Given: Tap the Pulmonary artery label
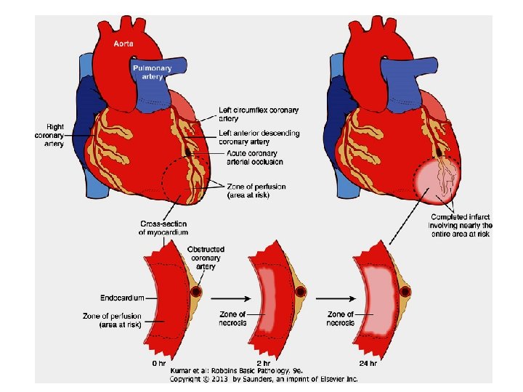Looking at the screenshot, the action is (x=152, y=71).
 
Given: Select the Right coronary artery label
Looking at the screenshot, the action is (x=49, y=135).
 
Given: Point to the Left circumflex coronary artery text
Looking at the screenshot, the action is (x=258, y=114).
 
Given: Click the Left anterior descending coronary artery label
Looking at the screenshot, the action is (x=259, y=137).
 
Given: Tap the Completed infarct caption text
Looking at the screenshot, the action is (x=461, y=225).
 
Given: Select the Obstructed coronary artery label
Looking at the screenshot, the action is (x=206, y=258).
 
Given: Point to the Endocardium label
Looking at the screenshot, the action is (x=121, y=298).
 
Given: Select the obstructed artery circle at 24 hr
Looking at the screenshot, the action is (x=405, y=292).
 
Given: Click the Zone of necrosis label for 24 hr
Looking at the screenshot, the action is (x=340, y=318).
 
